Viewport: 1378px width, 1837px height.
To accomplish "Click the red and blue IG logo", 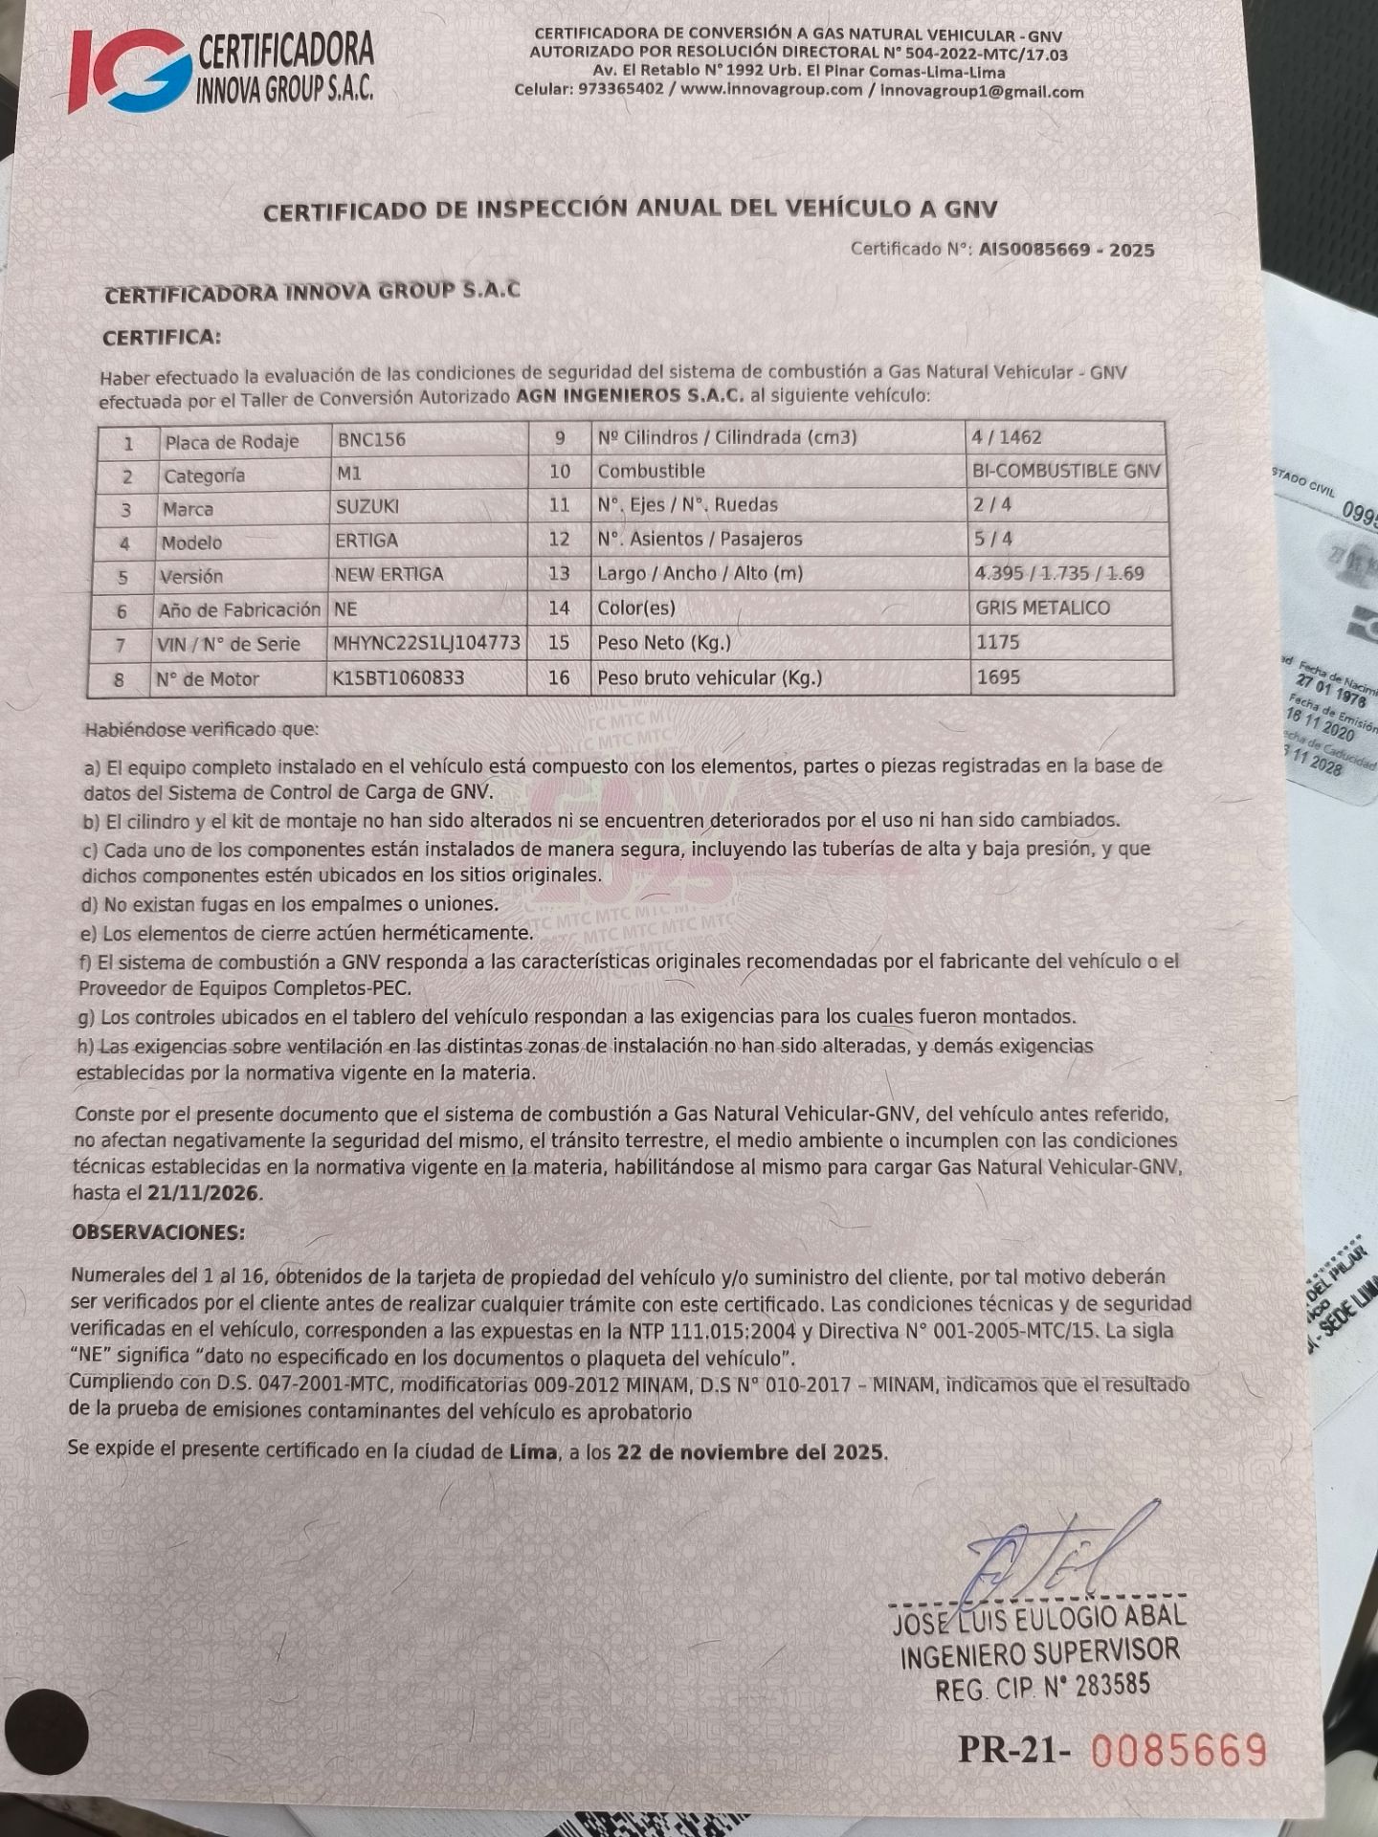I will tap(129, 70).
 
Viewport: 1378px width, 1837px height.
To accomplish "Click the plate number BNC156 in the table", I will tap(371, 439).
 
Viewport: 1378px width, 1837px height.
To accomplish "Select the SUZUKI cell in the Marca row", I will tap(367, 506).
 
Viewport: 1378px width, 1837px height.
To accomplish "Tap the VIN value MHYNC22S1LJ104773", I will tap(427, 643).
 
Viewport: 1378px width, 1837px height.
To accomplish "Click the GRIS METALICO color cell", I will tap(1042, 608).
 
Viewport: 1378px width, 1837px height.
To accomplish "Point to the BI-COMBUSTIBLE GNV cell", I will tap(1066, 471).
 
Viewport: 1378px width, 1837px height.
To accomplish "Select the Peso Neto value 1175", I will tap(998, 642).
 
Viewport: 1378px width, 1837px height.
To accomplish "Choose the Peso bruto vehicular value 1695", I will tap(998, 676).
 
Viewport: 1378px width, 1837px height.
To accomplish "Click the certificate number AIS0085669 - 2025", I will tap(1066, 250).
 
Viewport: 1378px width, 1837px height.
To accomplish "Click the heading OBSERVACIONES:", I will tap(158, 1232).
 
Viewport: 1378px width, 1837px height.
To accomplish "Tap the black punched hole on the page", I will tap(46, 1732).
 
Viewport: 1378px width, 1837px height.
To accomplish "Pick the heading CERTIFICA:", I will tap(161, 338).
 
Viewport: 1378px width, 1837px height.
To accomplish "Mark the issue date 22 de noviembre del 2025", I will tap(751, 1452).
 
